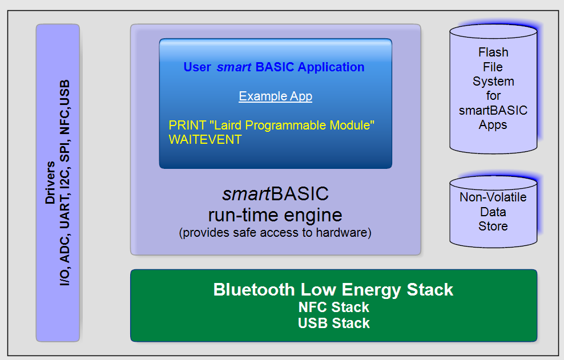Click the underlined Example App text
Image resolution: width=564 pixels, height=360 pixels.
[x=275, y=96]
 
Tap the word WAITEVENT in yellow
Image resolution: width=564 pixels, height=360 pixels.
[x=205, y=139]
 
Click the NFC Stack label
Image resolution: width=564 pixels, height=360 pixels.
[x=333, y=308]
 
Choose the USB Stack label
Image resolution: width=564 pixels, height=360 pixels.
[x=333, y=323]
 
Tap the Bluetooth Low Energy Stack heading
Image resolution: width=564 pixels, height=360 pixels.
[x=333, y=289]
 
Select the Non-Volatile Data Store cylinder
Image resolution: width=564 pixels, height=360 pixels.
[x=493, y=212]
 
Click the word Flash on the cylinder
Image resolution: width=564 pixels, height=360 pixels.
[x=493, y=52]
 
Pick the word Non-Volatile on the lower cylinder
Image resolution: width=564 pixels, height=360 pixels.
[x=493, y=197]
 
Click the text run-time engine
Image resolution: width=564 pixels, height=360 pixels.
[x=275, y=215]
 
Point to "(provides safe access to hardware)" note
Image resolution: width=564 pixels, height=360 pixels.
[x=275, y=233]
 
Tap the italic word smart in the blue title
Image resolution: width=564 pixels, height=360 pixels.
[x=234, y=67]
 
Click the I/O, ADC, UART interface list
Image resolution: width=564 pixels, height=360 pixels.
[x=66, y=183]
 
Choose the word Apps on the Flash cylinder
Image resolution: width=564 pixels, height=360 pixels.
[x=493, y=124]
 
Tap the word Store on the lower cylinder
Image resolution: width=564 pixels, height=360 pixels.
[x=493, y=226]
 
